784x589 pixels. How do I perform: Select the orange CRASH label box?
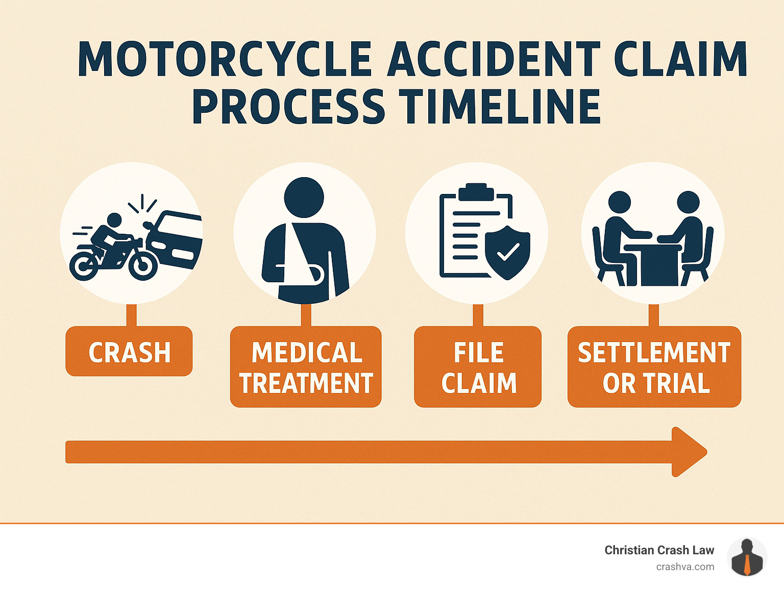[129, 352]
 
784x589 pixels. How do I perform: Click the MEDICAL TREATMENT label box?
[306, 367]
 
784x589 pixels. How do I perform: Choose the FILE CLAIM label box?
[478, 367]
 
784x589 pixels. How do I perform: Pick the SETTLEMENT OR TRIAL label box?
[654, 367]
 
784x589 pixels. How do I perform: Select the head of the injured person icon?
[304, 198]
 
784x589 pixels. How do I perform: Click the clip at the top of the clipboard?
[476, 192]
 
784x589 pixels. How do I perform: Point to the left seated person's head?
[620, 202]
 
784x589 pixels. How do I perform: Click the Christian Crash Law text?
[659, 550]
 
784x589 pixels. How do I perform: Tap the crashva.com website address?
[685, 567]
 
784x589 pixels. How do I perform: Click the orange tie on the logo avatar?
[747, 566]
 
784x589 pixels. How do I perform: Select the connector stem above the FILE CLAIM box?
[478, 315]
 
